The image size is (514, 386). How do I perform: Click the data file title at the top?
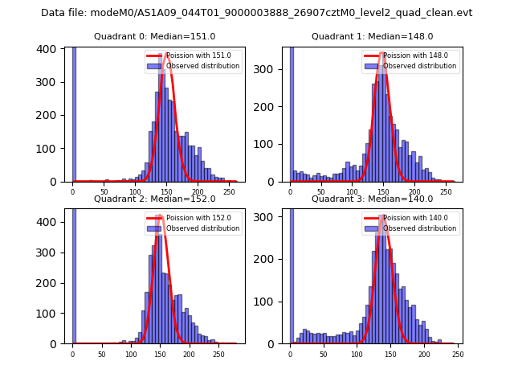(256, 13)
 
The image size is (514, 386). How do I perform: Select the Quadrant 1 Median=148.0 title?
(373, 36)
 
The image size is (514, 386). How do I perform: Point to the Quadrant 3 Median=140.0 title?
(373, 199)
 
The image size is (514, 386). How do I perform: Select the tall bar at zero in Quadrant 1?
(291, 113)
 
